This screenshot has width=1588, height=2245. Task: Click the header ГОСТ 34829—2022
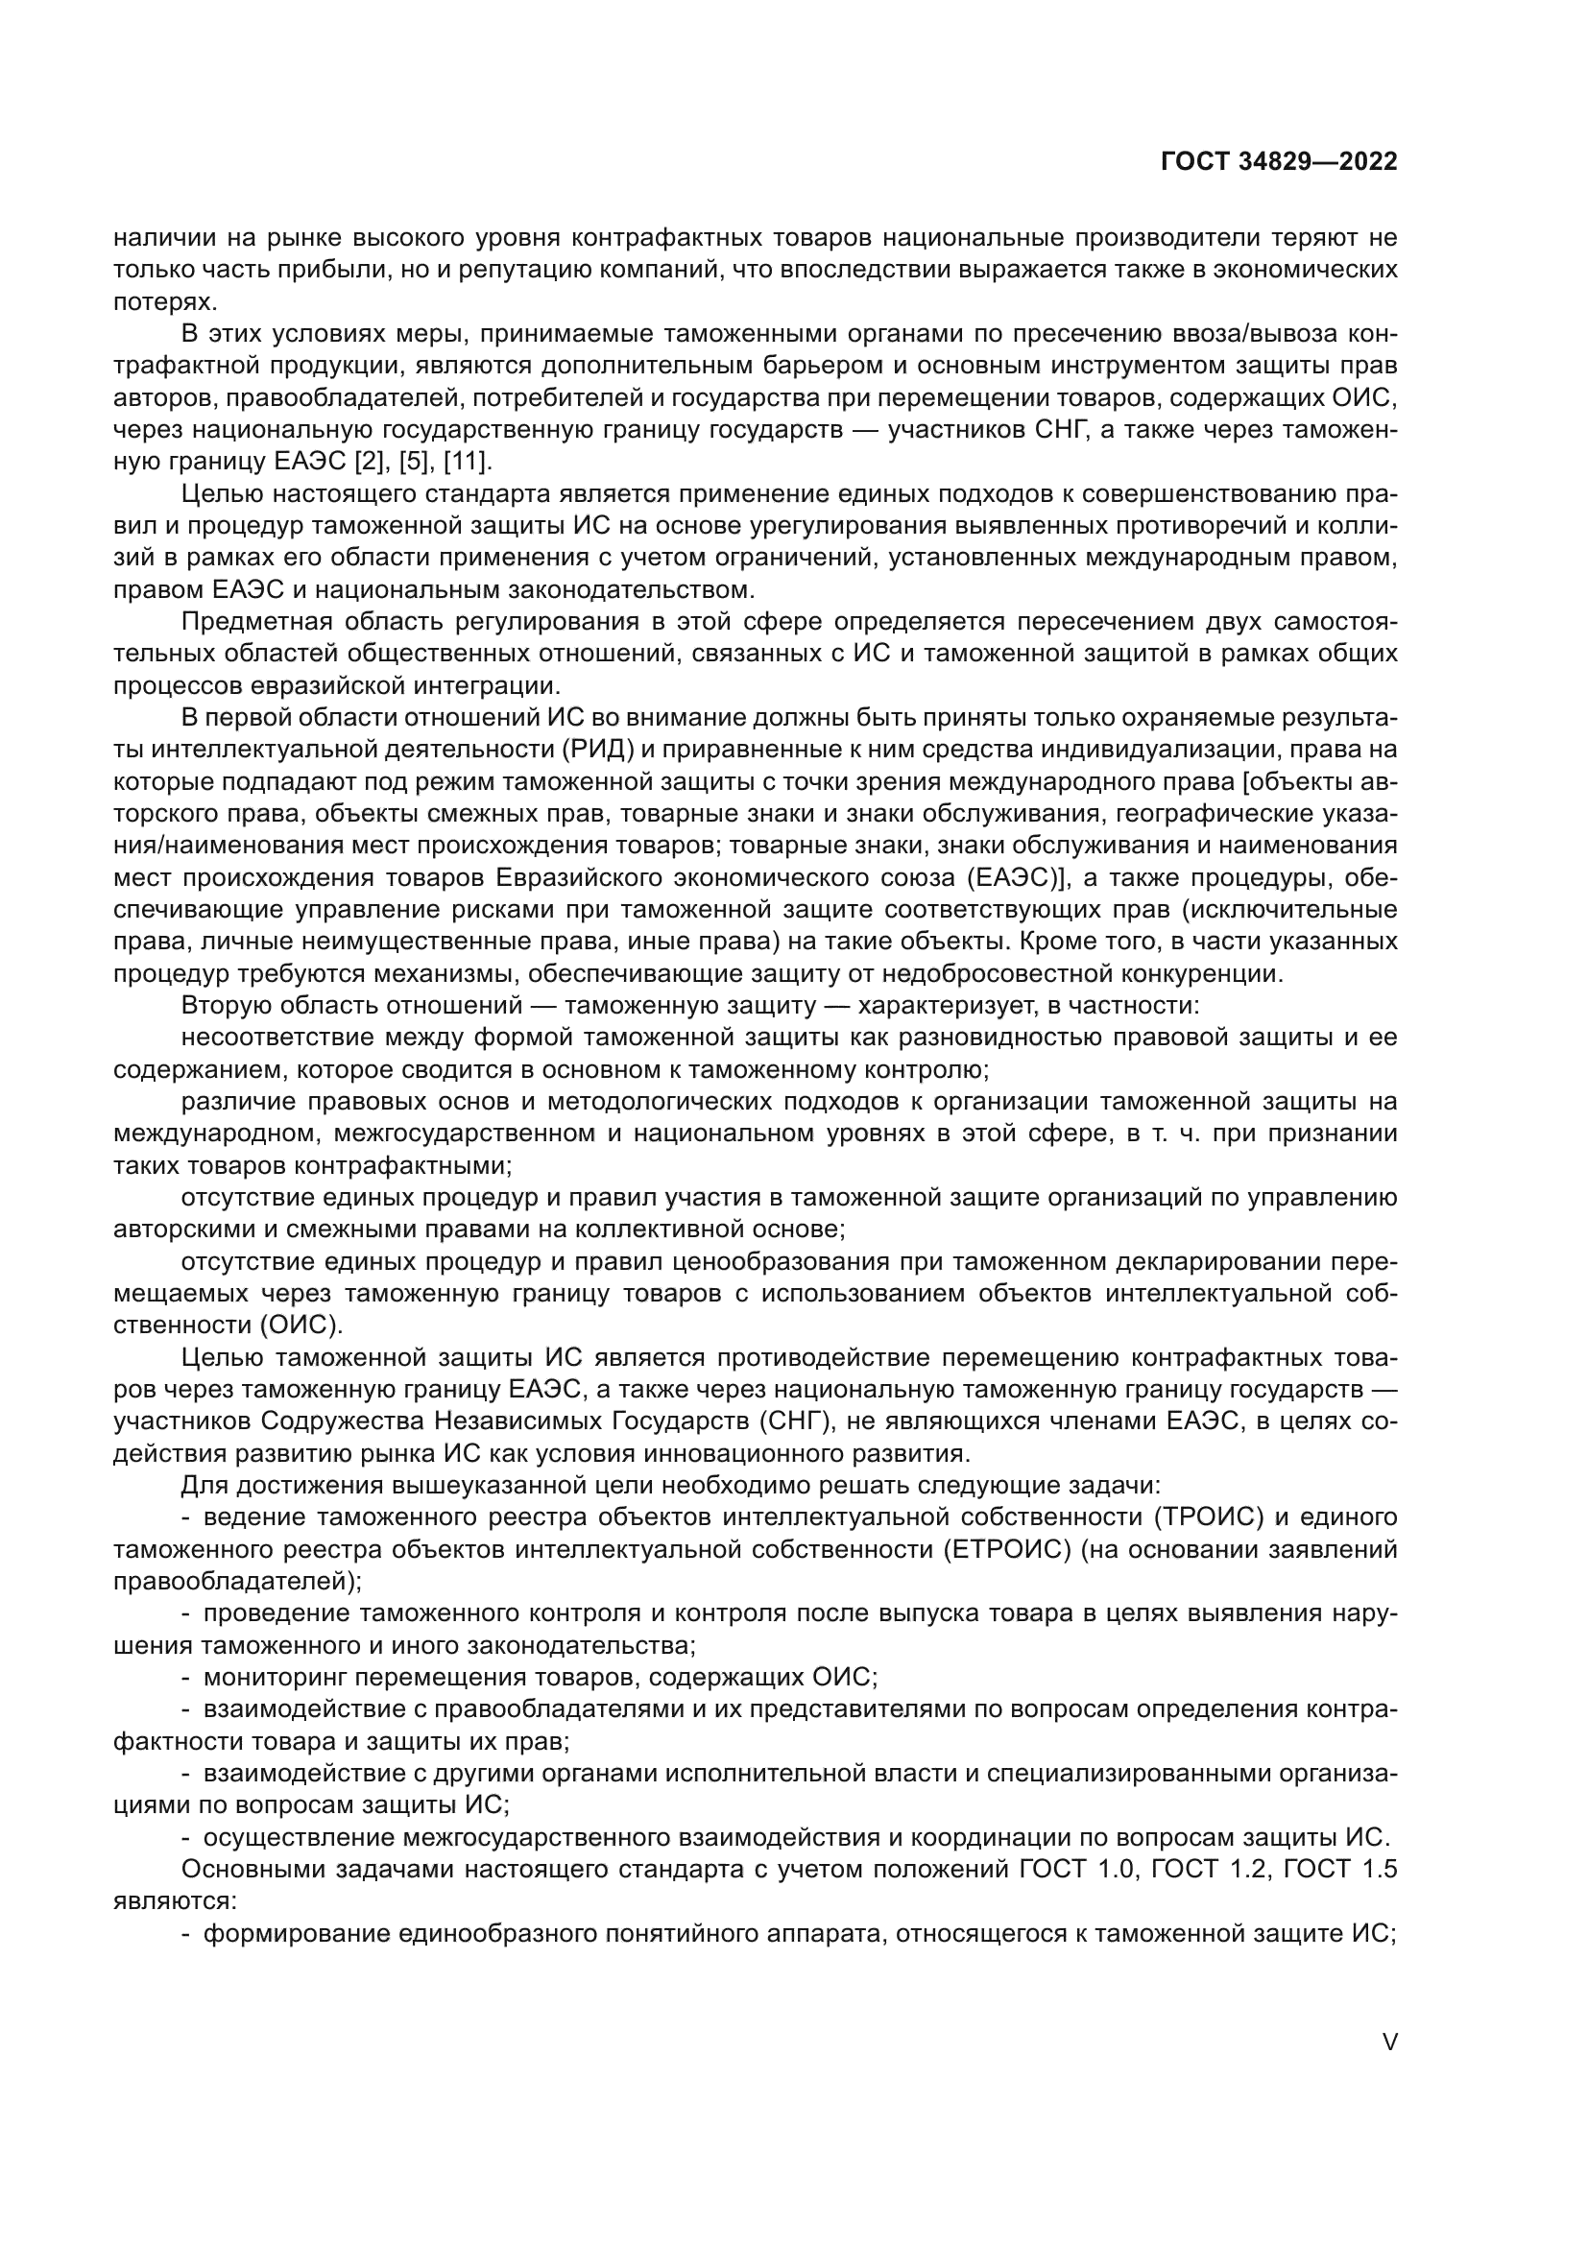pos(1279,162)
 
